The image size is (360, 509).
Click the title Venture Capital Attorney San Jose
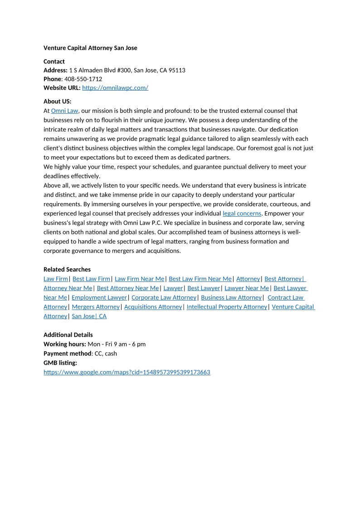90,48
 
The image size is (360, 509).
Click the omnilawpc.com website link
115,88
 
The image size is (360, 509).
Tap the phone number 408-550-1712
83,79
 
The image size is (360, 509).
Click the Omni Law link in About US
65,111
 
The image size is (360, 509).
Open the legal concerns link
242,213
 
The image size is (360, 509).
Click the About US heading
57,102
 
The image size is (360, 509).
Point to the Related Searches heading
67,269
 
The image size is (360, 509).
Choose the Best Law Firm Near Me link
200,279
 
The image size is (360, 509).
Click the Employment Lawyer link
99,298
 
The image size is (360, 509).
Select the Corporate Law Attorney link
164,298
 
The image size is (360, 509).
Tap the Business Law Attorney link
231,298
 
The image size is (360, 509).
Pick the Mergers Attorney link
96,307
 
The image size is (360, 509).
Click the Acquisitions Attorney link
153,307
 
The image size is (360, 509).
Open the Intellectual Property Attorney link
227,307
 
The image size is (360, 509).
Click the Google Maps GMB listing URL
127,373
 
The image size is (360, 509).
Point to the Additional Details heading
68,335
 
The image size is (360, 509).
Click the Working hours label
64,344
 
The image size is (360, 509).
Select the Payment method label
68,354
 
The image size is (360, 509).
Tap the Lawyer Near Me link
247,288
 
